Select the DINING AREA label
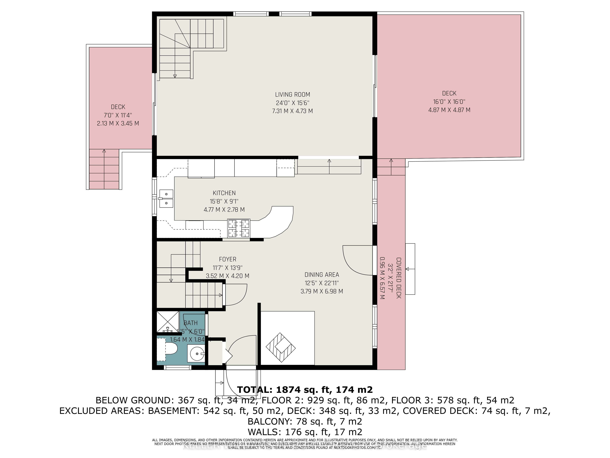pos(321,275)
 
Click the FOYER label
pos(228,259)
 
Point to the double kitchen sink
pos(166,198)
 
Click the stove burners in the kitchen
pos(239,228)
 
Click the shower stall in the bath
pos(168,322)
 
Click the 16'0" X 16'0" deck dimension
pos(449,102)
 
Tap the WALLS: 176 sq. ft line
pos(305,432)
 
